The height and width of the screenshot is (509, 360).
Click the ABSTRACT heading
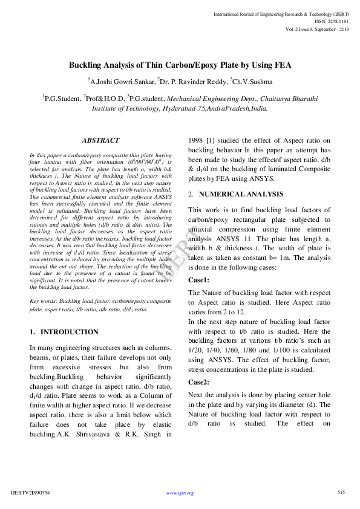100,140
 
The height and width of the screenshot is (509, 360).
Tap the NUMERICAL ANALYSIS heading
240,194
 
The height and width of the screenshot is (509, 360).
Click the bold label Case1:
198,280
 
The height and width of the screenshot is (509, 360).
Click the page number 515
341,493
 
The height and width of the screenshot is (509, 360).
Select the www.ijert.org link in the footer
180,493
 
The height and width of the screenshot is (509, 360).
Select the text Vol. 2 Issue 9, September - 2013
319,30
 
